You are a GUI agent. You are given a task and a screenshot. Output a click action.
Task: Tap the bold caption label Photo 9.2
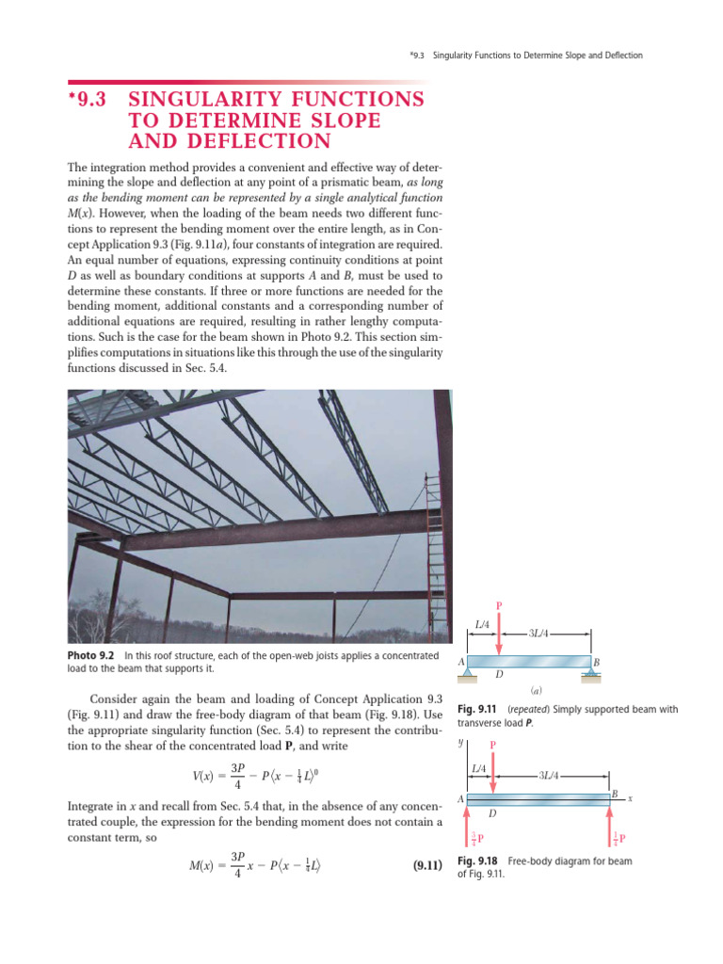click(90, 654)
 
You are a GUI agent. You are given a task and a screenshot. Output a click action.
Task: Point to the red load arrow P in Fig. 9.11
click(500, 633)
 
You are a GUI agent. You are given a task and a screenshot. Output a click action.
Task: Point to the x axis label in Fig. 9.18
click(630, 798)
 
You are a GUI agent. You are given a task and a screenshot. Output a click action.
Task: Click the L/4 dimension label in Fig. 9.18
click(478, 769)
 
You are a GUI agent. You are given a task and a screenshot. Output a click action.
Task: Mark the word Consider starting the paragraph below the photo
click(113, 699)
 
